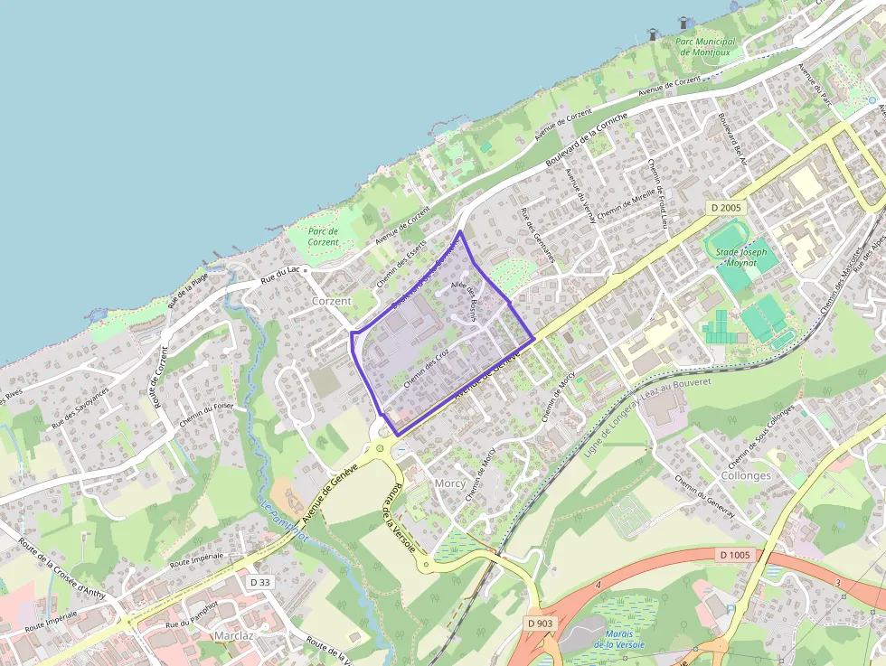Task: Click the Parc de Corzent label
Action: coord(323,236)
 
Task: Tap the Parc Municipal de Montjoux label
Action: coord(706,47)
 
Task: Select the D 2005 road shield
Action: coord(724,208)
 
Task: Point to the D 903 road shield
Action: coord(540,623)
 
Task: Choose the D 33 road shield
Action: coord(259,582)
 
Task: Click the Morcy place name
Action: coord(450,483)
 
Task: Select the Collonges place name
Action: coord(746,475)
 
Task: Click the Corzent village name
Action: coord(331,300)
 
